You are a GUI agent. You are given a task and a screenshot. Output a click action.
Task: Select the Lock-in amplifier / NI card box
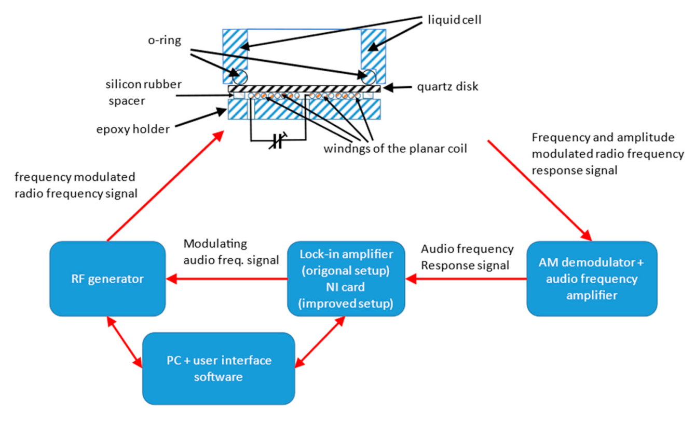(x=346, y=279)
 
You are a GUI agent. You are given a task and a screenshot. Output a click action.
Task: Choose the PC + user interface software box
(x=219, y=368)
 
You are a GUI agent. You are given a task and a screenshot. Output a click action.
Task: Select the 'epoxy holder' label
(x=141, y=128)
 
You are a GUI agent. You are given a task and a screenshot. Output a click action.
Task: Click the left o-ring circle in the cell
(x=240, y=77)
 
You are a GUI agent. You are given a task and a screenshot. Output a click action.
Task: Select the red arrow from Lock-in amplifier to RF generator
(x=227, y=279)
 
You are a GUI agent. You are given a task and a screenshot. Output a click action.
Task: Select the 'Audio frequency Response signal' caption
(x=467, y=256)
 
